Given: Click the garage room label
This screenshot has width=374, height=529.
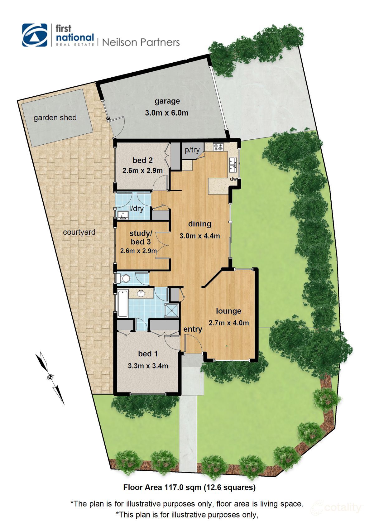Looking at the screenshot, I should [x=167, y=101].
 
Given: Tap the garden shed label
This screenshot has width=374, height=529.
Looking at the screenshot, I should [x=55, y=118].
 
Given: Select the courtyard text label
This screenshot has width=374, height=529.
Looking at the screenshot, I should [x=79, y=232].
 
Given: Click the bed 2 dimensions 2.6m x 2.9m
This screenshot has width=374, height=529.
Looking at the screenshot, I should [x=142, y=171].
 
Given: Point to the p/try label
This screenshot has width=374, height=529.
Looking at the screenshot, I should [x=192, y=150].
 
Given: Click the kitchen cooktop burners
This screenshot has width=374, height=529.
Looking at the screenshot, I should [x=218, y=147].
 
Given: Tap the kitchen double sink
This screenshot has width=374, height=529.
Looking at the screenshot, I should [x=233, y=165].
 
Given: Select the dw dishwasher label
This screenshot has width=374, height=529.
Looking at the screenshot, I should [x=233, y=179].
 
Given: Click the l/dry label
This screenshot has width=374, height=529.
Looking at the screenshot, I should [x=136, y=209].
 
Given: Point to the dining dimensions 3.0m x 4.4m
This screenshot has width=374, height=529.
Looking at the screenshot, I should [x=200, y=236].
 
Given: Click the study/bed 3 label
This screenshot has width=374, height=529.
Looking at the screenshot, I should [x=141, y=237].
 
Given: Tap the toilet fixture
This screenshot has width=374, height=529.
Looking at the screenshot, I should [x=124, y=278].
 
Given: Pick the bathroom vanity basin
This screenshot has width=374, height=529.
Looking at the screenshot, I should [x=141, y=293].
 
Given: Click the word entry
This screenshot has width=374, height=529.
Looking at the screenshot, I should [x=193, y=329].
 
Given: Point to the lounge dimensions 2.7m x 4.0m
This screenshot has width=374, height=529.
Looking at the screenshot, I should [x=229, y=323].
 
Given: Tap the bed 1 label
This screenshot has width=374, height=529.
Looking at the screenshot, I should [x=148, y=354].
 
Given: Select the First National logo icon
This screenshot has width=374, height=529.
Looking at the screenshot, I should [x=35, y=35].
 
